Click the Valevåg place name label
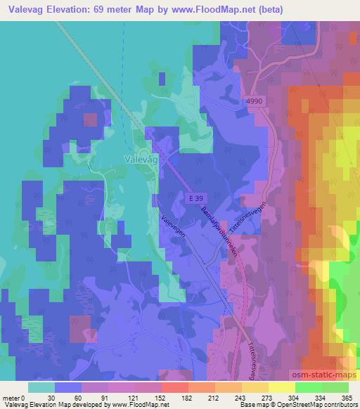pyautogui.click(x=141, y=159)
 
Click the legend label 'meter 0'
pyautogui.click(x=14, y=397)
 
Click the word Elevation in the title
pyautogui.click(x=73, y=9)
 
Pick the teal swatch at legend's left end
pyautogui.click(x=41, y=387)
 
